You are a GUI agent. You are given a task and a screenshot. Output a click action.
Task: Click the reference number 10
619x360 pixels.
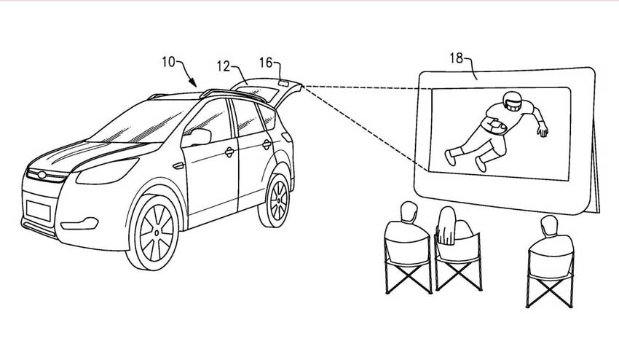pyautogui.click(x=168, y=62)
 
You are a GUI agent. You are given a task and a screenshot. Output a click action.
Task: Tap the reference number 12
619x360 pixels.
pyautogui.click(x=224, y=66)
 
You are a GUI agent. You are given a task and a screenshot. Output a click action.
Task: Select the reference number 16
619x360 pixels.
pyautogui.click(x=266, y=63)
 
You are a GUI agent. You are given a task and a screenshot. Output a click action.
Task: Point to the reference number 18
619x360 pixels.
pyautogui.click(x=456, y=58)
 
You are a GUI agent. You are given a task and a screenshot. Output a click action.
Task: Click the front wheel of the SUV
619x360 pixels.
pyautogui.click(x=154, y=232)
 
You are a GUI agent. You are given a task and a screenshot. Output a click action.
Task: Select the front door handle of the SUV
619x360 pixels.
pyautogui.click(x=229, y=152)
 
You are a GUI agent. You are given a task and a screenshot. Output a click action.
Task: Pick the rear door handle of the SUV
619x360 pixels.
pyautogui.click(x=267, y=144)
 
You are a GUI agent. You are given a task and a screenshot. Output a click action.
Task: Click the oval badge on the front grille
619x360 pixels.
pyautogui.click(x=42, y=175)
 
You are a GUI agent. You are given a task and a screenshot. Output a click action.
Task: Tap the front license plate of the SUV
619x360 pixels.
pyautogui.click(x=39, y=210)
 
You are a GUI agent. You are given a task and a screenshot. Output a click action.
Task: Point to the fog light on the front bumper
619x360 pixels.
pyautogui.click(x=80, y=224)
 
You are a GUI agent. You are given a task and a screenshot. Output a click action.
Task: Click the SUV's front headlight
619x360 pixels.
pyautogui.click(x=107, y=171)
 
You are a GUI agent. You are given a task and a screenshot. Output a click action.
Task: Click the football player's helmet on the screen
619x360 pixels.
pyautogui.click(x=512, y=101)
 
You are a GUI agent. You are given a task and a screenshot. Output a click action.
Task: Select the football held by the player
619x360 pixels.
pyautogui.click(x=496, y=127)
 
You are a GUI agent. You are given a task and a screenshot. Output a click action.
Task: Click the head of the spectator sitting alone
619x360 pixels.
pyautogui.click(x=549, y=226)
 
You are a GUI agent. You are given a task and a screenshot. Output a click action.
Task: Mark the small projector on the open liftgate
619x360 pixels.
pyautogui.click(x=283, y=82)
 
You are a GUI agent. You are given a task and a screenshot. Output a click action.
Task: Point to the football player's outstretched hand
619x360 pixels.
pyautogui.click(x=543, y=130)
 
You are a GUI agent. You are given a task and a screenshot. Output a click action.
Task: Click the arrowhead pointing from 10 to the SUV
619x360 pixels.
pyautogui.click(x=193, y=82)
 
